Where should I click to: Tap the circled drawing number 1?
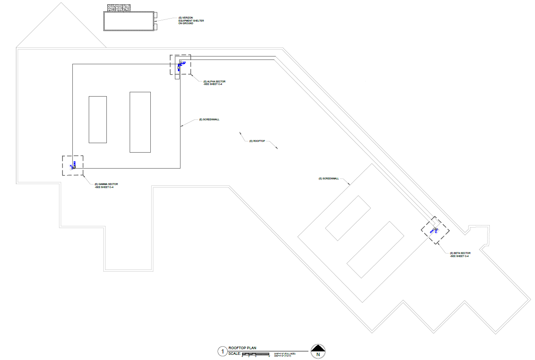point(222,352)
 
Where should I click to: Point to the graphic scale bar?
point(256,354)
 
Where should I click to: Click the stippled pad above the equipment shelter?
point(119,8)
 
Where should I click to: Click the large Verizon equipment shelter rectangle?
point(129,21)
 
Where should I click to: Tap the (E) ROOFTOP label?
point(257,141)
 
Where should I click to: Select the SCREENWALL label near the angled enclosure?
point(329,178)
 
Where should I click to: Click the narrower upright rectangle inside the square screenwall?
point(98,119)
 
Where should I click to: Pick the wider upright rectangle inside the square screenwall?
point(140,122)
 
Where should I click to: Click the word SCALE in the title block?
point(235,354)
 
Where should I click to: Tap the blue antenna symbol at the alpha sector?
point(180,66)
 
